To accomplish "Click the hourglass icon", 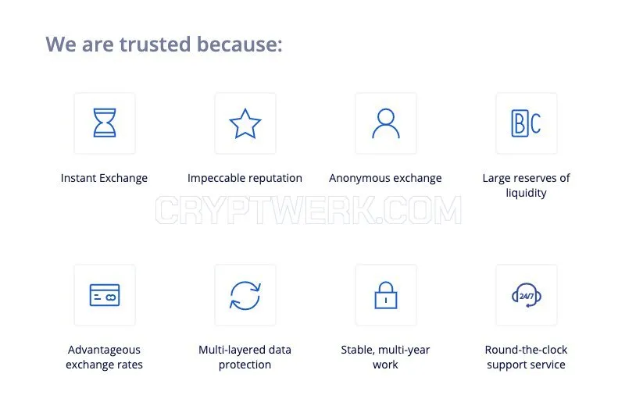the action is pos(105,123).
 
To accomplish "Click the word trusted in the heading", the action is pos(155,44).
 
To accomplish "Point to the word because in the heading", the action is pos(240,44).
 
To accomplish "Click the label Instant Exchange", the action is pos(104,178).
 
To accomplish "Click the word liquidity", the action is pos(526,193).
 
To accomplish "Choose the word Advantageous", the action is pos(104,351).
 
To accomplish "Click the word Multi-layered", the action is pos(228,351).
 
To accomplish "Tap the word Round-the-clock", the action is pos(526,350).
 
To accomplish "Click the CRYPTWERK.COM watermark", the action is pos(308,210).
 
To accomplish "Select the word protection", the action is pos(245,365).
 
